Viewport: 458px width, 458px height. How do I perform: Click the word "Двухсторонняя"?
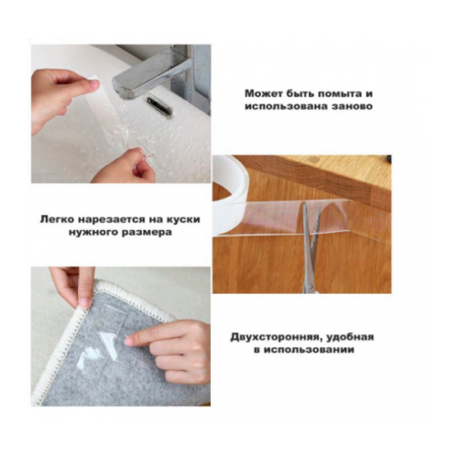click(275, 338)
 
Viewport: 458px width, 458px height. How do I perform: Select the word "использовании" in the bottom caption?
click(309, 350)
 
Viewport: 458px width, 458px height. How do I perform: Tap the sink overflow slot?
click(158, 105)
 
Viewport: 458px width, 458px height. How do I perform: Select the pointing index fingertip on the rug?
click(130, 341)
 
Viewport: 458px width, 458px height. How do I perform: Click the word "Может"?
click(263, 93)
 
